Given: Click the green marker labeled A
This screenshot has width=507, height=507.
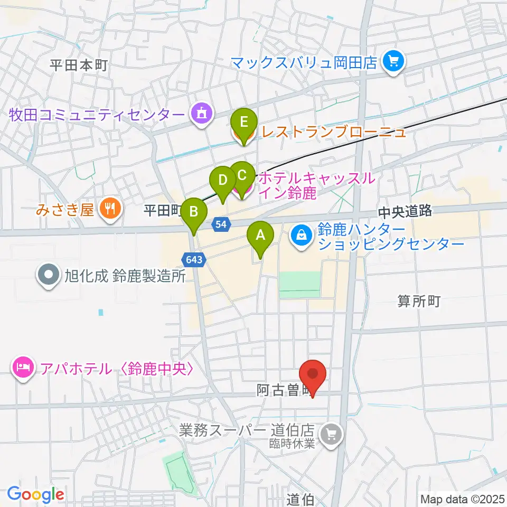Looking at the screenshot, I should tap(260, 237).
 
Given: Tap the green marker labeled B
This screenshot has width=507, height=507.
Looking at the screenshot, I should tap(194, 212).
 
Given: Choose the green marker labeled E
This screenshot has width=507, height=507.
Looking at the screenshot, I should tap(243, 123).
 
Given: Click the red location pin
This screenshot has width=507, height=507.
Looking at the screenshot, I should tap(313, 374).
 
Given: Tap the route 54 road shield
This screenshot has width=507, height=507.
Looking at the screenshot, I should tap(222, 225).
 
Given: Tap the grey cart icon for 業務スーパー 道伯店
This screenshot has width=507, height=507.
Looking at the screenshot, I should tap(332, 434).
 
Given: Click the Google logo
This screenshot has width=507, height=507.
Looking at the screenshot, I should tap(35, 495).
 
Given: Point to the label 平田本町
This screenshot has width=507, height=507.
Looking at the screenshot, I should tap(79, 65).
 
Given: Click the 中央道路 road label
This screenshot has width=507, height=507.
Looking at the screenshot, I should tap(405, 212).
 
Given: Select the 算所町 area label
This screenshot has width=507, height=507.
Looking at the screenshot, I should tap(419, 302).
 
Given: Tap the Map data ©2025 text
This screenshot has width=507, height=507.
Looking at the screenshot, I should tap(463, 499).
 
